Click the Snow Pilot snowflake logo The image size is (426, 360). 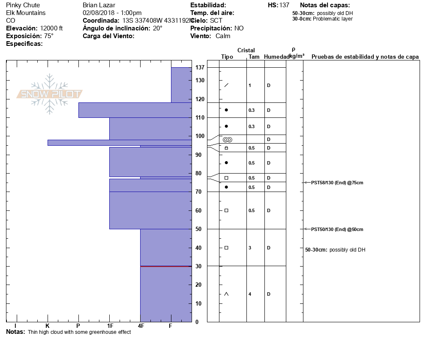point(50,94)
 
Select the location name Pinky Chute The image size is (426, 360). point(23,5)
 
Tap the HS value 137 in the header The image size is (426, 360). point(284,5)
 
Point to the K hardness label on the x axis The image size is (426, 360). point(48,326)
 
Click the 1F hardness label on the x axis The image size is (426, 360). point(110,326)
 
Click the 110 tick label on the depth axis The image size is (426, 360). point(199,117)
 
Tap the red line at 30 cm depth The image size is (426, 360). point(166,266)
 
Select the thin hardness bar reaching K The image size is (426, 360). point(120,143)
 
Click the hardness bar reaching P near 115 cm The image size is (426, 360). point(135,110)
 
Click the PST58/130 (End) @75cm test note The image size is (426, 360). point(337,183)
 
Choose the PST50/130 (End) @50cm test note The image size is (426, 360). point(337,229)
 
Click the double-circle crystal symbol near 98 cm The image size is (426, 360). point(227,139)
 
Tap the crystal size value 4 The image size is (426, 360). point(250,294)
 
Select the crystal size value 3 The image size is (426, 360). point(250,248)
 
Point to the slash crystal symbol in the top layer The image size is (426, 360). point(226,85)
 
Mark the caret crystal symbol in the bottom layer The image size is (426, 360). point(226,294)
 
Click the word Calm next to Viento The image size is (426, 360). point(223,36)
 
